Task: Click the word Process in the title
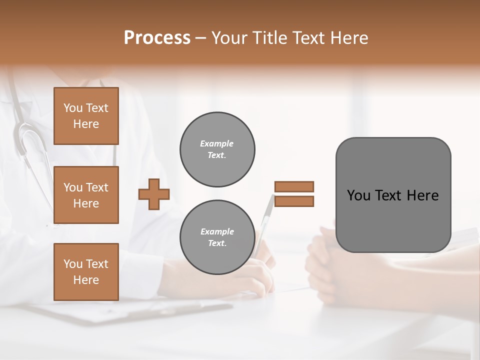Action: coord(157,38)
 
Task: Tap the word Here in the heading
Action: coord(348,38)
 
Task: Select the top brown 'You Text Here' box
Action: coord(86,116)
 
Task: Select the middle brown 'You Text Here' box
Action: coord(86,195)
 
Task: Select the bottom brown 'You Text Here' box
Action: coord(86,272)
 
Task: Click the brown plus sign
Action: coord(154,194)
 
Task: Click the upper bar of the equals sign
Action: coord(294,186)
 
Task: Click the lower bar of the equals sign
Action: coord(294,201)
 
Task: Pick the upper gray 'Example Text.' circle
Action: coord(217,149)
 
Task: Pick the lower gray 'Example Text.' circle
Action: coord(217,237)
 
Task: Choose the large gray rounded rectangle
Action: coord(393,220)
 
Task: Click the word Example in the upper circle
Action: coord(217,143)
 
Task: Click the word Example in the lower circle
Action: coord(217,231)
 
